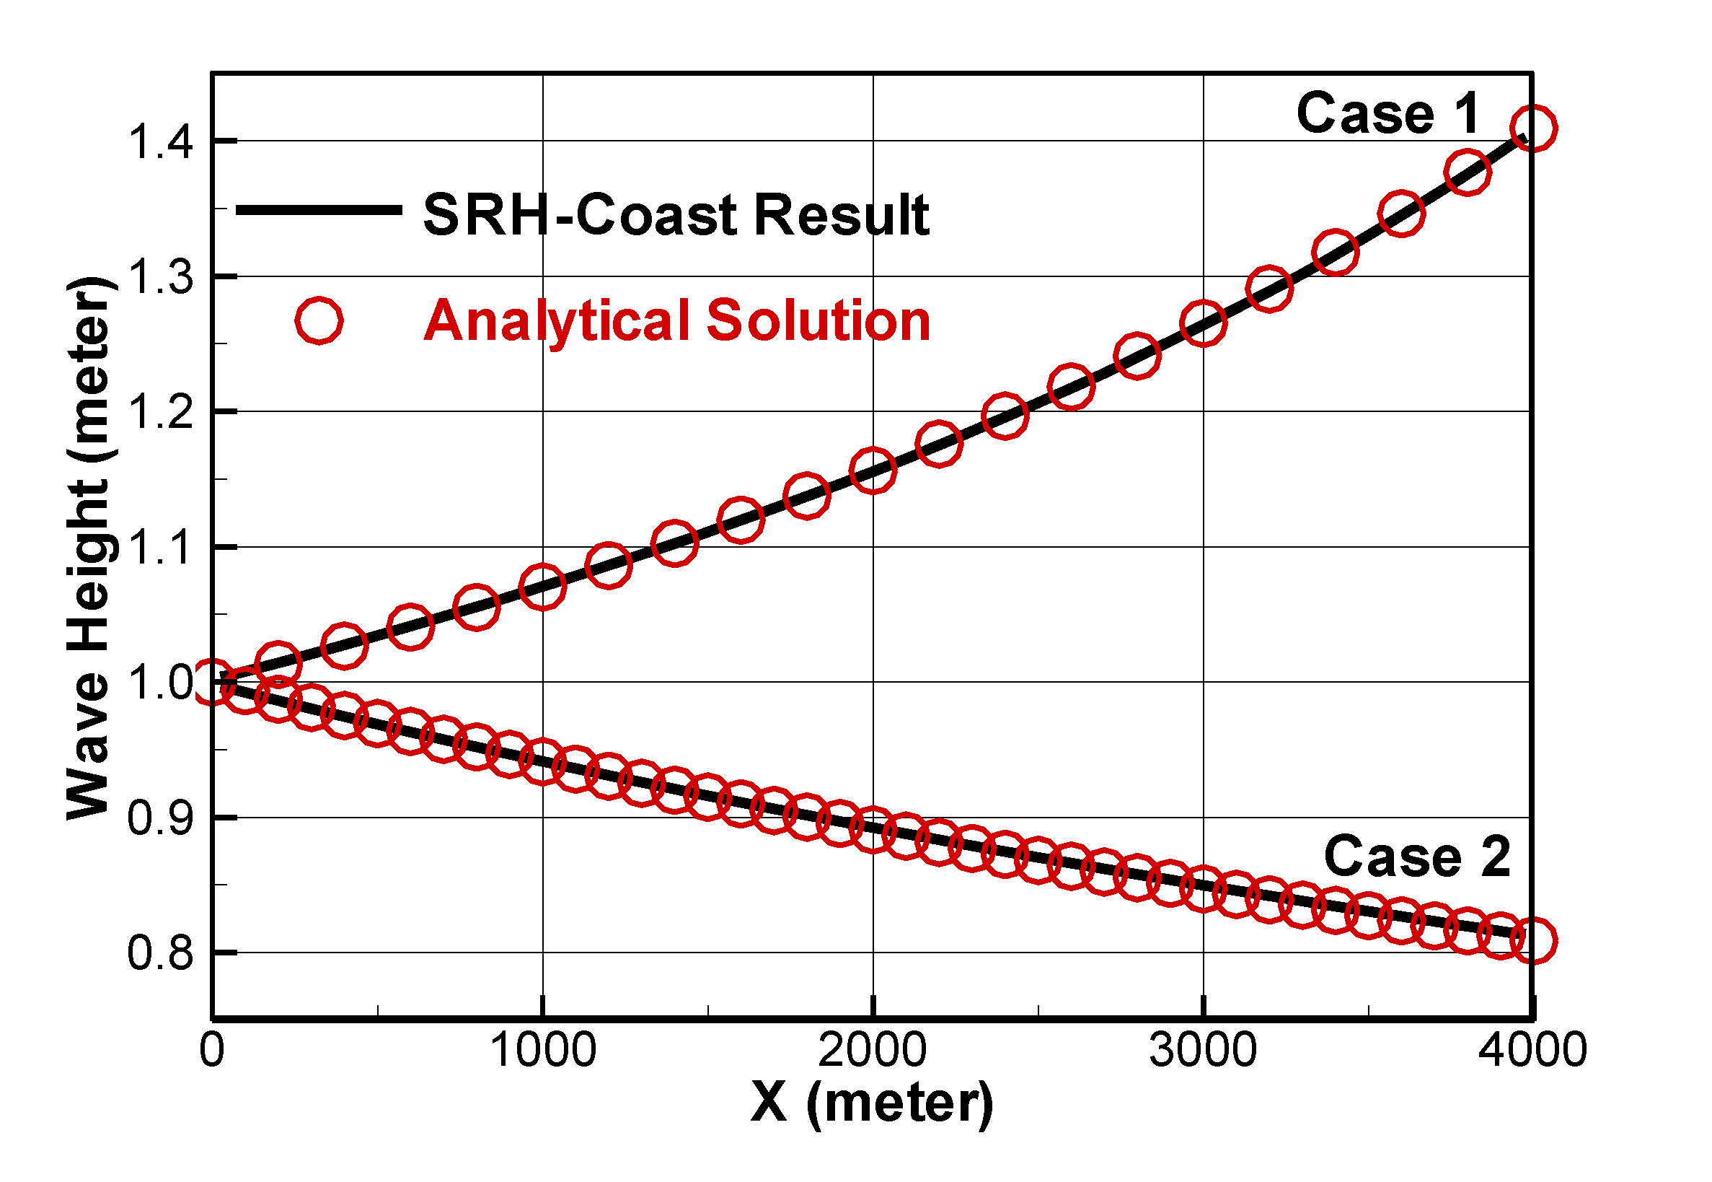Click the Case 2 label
point(1416,856)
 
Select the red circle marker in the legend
point(318,320)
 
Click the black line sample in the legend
point(318,210)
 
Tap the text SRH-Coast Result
point(675,215)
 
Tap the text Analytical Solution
point(676,320)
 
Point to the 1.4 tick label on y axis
point(160,141)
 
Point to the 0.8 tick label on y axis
point(160,953)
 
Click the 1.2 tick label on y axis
point(160,412)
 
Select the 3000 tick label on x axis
point(1202,1049)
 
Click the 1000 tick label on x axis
point(542,1049)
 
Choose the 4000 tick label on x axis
point(1532,1049)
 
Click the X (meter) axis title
point(871,1103)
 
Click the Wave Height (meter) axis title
point(90,548)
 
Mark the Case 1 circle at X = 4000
point(1532,128)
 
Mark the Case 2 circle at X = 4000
point(1532,940)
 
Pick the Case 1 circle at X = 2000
point(873,470)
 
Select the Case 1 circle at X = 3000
point(1203,322)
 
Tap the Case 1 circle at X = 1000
point(542,587)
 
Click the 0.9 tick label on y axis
point(160,818)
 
